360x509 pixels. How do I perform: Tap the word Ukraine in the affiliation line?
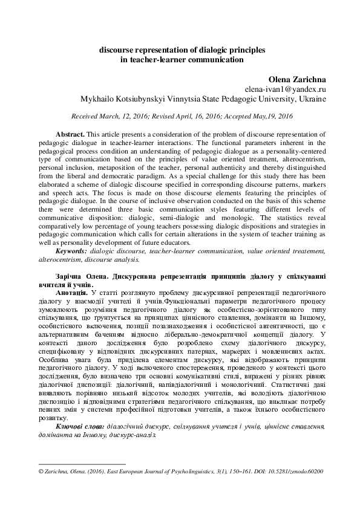click(312, 99)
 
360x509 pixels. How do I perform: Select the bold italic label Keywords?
click(72, 251)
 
